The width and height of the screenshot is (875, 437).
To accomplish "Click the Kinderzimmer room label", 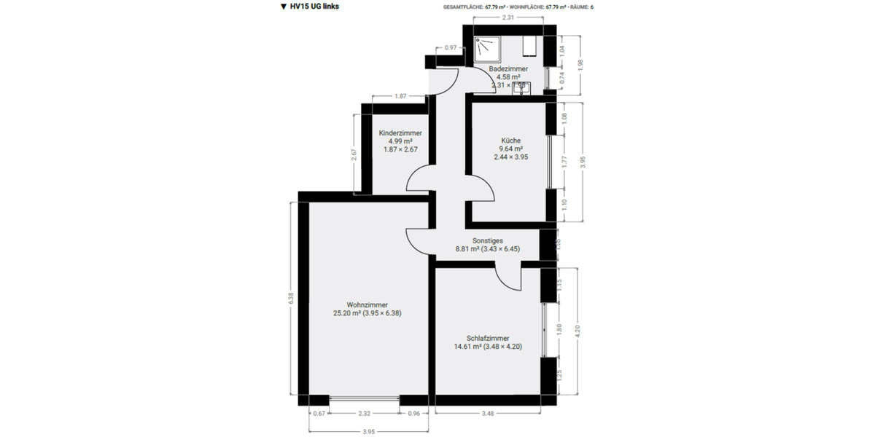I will (400, 133).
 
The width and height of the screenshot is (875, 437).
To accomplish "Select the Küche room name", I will (510, 141).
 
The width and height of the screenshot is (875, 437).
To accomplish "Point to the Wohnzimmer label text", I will (367, 304).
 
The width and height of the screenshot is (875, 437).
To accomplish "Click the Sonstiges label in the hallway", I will (488, 240).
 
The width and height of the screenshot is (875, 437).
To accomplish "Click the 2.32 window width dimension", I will (365, 414).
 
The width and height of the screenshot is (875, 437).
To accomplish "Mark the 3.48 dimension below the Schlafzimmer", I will (488, 414).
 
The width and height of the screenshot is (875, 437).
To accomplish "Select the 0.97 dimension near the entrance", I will (451, 48).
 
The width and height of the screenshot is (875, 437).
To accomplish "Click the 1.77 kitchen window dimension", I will (564, 162).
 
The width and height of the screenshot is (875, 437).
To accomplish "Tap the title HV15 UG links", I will (314, 7).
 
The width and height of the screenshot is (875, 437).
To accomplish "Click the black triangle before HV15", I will (283, 7).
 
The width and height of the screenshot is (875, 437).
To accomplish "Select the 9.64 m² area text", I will (510, 149).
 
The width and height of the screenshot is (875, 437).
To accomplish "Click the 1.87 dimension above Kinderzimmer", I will (400, 96).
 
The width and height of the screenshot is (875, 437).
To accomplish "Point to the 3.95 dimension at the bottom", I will (368, 431).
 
